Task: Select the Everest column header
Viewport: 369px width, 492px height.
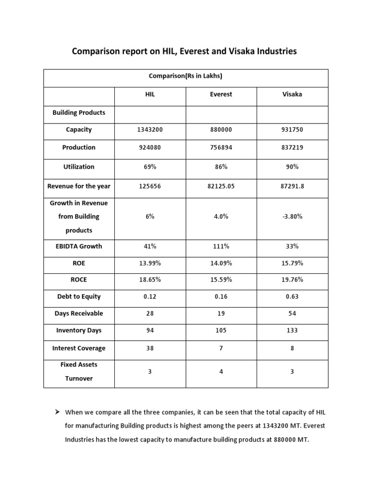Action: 221,95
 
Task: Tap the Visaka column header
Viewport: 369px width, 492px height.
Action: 292,95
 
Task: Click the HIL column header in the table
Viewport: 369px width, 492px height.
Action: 150,95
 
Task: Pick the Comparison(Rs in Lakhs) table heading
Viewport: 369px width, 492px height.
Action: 186,76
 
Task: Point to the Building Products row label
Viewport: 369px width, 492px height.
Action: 79,112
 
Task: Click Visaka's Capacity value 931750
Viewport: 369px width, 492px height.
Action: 292,130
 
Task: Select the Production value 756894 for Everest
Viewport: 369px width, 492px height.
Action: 221,148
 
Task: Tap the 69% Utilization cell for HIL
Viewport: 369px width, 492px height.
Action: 150,167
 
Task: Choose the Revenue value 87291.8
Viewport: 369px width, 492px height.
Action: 292,186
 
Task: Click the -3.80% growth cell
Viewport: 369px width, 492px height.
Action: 292,217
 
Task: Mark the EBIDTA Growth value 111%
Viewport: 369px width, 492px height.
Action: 221,246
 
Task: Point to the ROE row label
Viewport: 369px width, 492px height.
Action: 79,263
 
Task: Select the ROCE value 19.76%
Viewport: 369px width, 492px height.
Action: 292,280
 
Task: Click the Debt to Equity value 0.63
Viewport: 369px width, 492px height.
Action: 292,296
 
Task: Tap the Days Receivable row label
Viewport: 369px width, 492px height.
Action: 79,314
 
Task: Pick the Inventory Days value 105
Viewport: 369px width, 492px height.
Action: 221,331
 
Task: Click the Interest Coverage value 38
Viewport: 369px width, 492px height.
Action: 150,348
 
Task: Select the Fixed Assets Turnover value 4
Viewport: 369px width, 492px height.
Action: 221,371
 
